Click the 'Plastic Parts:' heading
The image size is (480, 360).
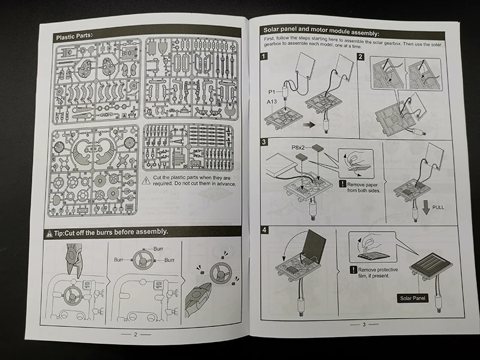pos(75,37)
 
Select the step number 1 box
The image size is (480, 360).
pos(264,57)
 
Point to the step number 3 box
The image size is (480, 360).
pos(265,142)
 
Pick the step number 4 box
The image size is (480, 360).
pos(265,230)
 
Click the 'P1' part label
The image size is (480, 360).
pos(271,91)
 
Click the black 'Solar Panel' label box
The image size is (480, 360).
pos(413,298)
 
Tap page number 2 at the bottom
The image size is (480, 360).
pos(136,335)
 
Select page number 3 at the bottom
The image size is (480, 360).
pos(364,325)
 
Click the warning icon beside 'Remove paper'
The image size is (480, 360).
pos(342,184)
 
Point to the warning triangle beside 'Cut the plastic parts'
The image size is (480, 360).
pos(147,180)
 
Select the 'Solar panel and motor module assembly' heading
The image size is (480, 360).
pos(322,31)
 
